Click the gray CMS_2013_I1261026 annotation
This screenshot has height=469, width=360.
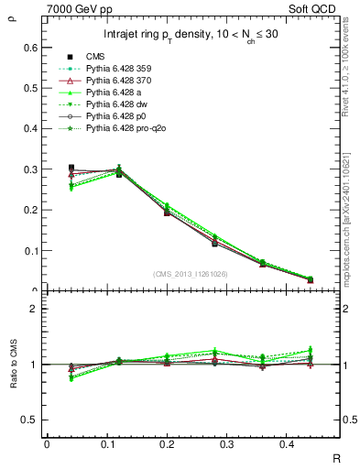click(191, 273)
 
